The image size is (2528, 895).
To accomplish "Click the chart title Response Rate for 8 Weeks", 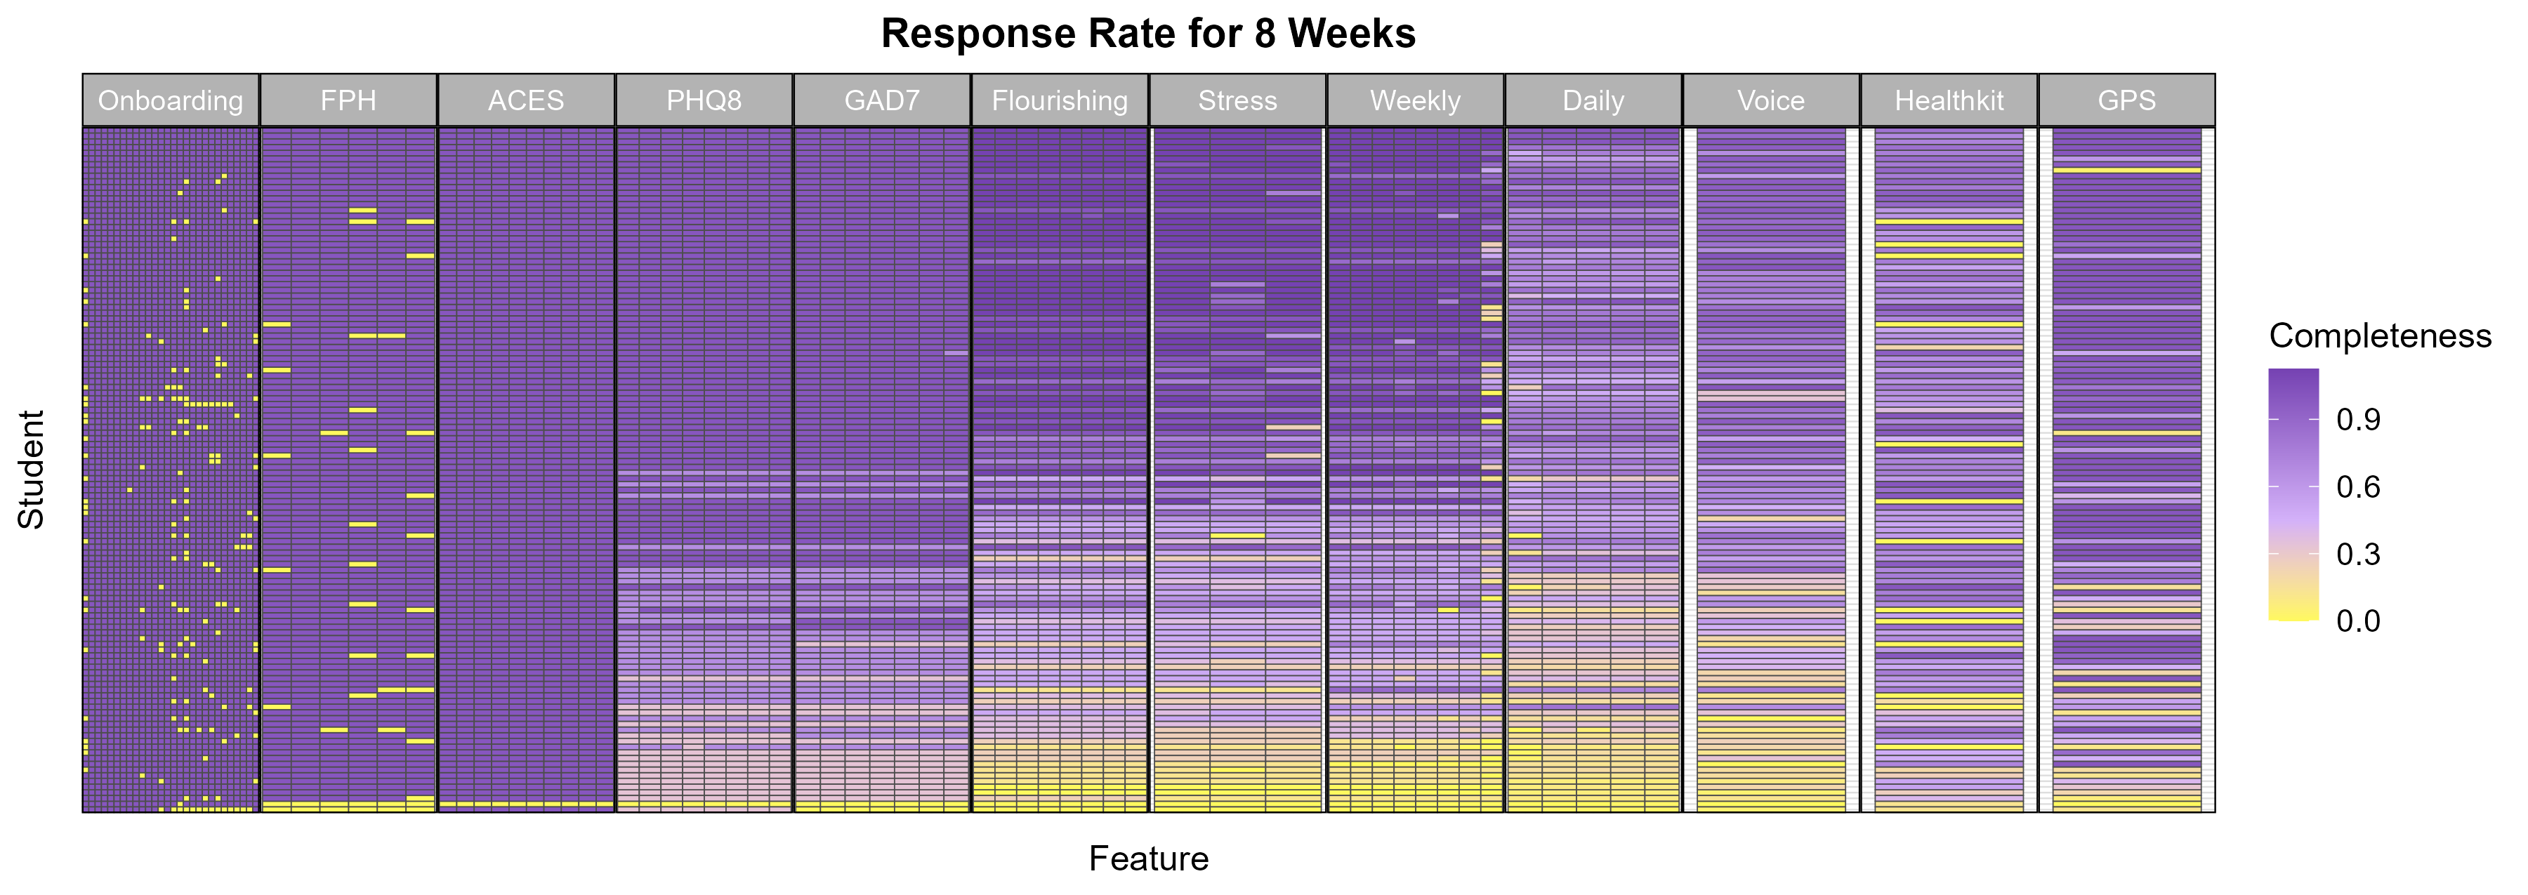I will (1147, 34).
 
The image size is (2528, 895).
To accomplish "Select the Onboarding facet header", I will (171, 101).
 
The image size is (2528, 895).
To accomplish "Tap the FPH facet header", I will (348, 101).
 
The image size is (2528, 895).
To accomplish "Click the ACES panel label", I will (526, 101).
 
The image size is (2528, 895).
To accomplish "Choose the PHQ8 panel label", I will (704, 101).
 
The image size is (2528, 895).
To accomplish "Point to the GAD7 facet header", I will (881, 101).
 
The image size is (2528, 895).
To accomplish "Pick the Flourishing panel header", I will (1059, 101).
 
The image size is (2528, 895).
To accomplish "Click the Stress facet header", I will (1237, 101).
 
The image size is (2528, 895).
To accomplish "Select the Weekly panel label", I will (1415, 101).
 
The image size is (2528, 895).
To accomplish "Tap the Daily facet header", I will (1593, 101).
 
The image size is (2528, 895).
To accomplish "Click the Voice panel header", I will (1770, 101).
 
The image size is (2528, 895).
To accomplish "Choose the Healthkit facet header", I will (1949, 101).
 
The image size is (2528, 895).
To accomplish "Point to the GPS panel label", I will (2126, 101).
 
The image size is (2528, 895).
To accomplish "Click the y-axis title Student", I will (32, 469).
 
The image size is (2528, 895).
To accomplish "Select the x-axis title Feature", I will (1148, 858).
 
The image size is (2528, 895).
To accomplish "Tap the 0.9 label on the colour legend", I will (2358, 420).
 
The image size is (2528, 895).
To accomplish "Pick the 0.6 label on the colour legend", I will (2358, 486).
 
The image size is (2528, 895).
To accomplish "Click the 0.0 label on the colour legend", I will (2358, 621).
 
